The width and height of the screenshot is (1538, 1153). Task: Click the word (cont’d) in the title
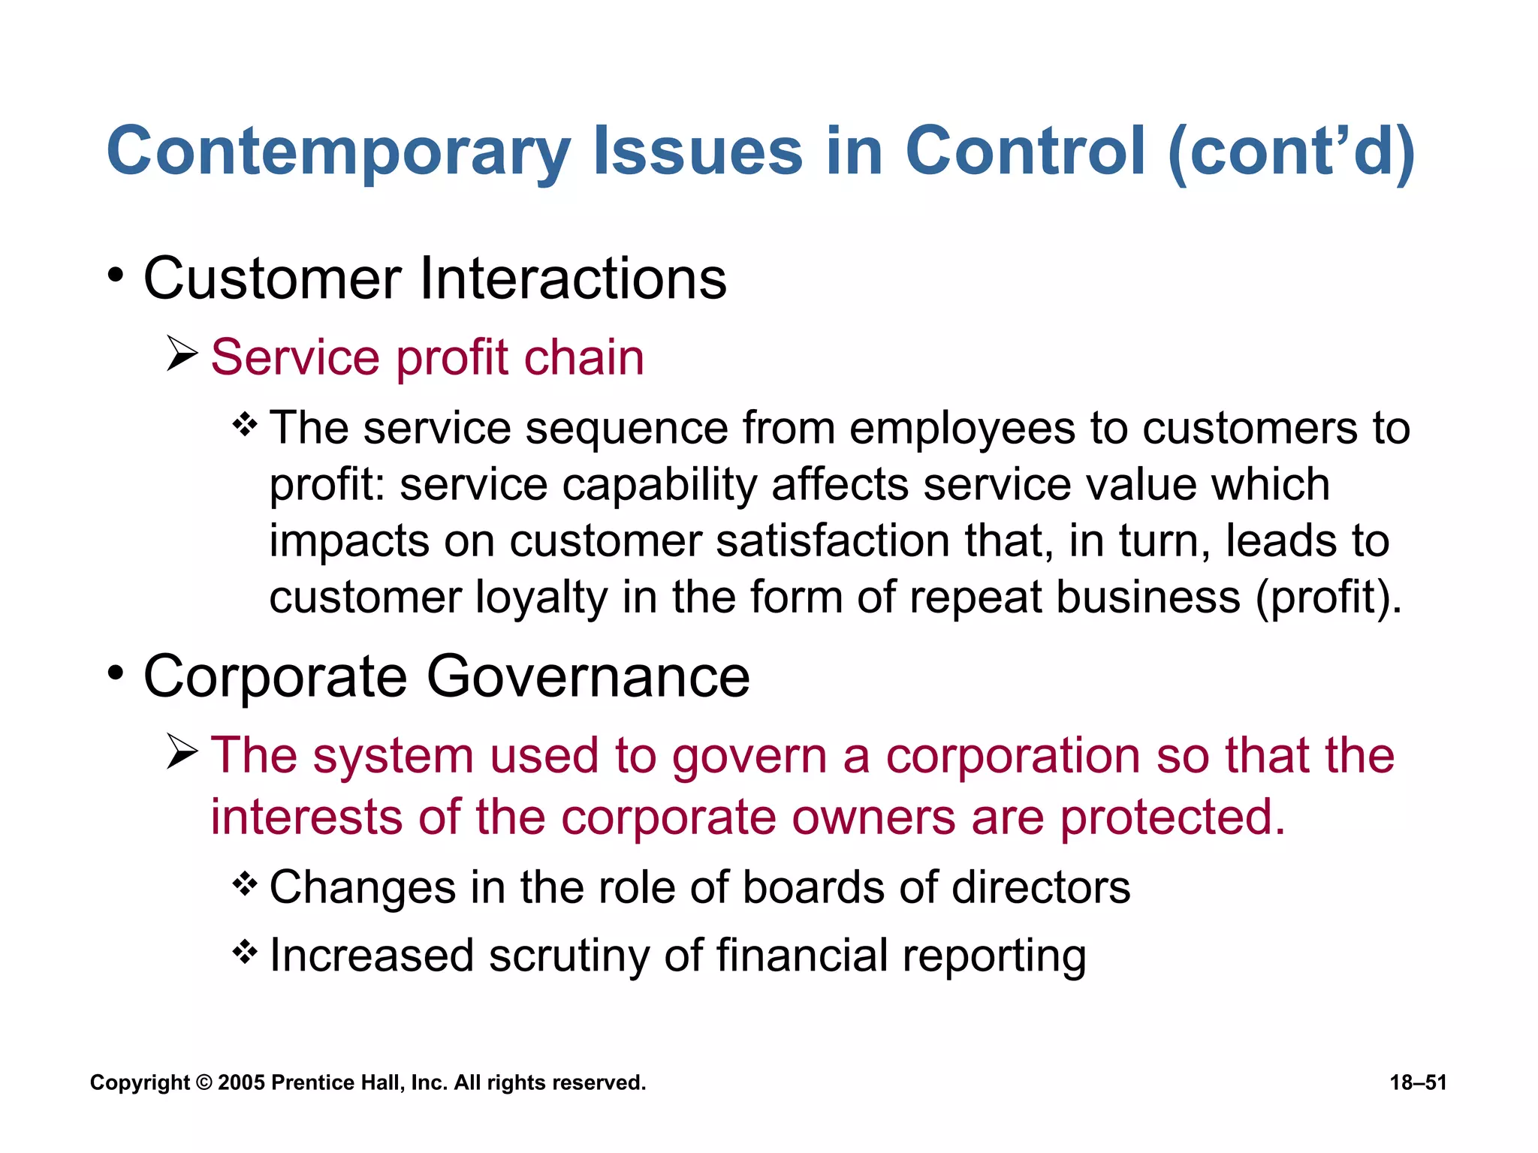(1291, 152)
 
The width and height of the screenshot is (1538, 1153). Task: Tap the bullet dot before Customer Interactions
(115, 275)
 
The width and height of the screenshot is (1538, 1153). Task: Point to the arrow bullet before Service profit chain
(182, 354)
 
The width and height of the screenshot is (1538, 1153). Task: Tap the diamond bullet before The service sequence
(245, 426)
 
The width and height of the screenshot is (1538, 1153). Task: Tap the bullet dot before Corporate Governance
(115, 673)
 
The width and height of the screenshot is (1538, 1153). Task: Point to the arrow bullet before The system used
(182, 751)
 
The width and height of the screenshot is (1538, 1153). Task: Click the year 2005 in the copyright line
(241, 1082)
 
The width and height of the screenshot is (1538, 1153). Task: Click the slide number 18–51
(1418, 1082)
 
